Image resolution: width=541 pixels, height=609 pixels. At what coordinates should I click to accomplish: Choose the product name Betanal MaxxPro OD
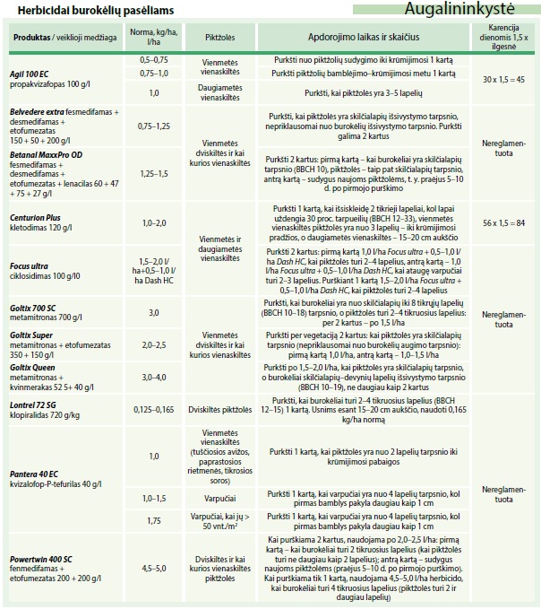tap(46, 154)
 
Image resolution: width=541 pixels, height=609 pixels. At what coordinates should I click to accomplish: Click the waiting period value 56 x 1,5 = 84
tap(502, 221)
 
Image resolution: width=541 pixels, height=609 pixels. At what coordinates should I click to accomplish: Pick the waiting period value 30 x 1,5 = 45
tap(502, 79)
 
